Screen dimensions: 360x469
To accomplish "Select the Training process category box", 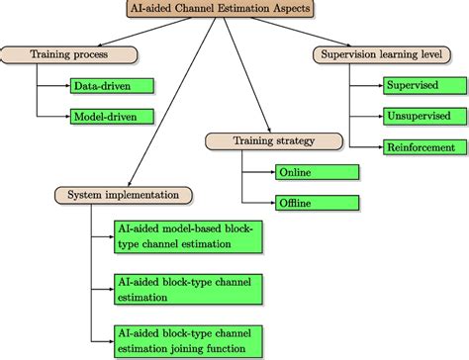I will pos(66,53).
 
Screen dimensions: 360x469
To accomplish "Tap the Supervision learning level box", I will pos(383,53).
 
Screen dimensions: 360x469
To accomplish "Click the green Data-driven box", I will pos(112,86).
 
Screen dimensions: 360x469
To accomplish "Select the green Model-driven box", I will pos(112,116).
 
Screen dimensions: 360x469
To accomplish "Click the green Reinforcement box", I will pos(421,146).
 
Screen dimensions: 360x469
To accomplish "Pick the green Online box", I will pos(317,172).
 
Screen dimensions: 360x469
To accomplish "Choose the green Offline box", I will pos(317,203).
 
